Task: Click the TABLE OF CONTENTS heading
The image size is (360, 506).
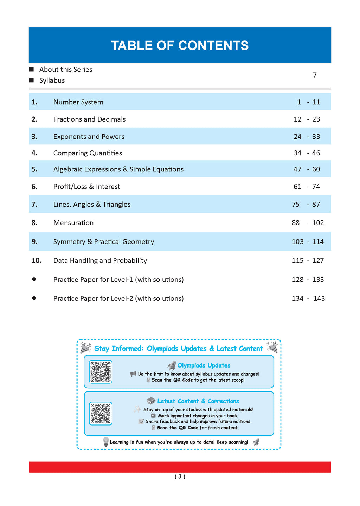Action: [180, 46]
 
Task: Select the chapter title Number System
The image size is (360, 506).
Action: [78, 102]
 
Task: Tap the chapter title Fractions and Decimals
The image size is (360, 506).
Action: [89, 119]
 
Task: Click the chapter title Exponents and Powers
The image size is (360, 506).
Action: [89, 137]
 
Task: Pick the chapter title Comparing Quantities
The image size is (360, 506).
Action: [88, 153]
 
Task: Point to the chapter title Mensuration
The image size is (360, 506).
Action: [73, 223]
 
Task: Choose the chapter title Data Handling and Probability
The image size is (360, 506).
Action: [100, 261]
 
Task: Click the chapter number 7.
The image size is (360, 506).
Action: [34, 205]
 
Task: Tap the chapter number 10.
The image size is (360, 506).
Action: [37, 261]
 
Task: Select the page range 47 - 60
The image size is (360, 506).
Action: [307, 169]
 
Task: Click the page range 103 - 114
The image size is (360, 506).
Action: [308, 242]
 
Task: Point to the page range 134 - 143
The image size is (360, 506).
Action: [308, 299]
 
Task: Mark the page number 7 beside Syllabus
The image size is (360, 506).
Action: [315, 75]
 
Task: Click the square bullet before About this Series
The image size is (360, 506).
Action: [32, 70]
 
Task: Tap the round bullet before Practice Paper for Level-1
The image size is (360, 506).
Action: [34, 279]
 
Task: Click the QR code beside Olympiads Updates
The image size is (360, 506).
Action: [101, 371]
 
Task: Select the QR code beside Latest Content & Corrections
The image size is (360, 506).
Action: [101, 414]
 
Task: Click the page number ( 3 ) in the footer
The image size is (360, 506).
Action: [180, 477]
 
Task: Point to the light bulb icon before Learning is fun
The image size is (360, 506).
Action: [106, 442]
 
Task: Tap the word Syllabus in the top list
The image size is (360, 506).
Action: [52, 80]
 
